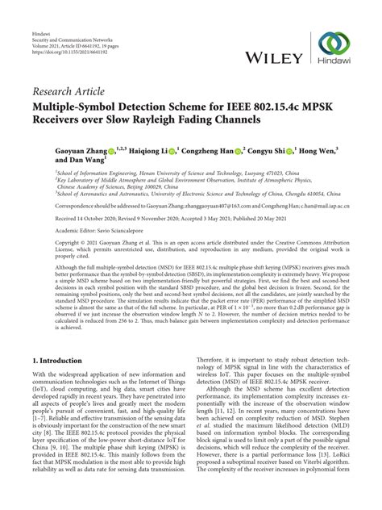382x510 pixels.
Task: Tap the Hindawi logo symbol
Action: [x=333, y=44]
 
